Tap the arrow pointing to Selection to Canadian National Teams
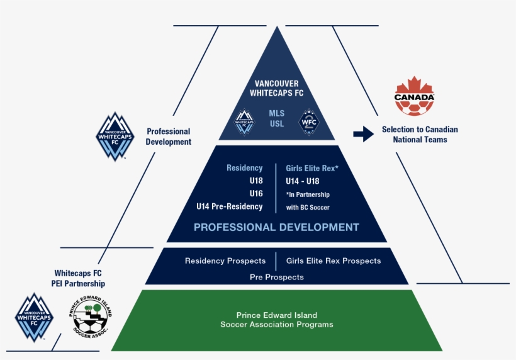coord(363,133)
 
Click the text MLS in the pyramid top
coord(277,113)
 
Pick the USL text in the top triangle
coord(277,124)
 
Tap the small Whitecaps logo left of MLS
coord(244,120)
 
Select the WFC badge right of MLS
coord(309,120)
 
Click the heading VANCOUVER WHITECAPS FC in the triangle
coord(277,88)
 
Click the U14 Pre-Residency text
coord(229,206)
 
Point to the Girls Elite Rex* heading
coord(312,169)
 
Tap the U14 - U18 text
coord(302,181)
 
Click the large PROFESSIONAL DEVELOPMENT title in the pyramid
coord(276,227)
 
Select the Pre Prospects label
coord(276,277)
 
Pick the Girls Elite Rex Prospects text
coord(334,261)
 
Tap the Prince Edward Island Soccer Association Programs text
coord(276,320)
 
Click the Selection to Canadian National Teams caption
coord(420,134)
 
